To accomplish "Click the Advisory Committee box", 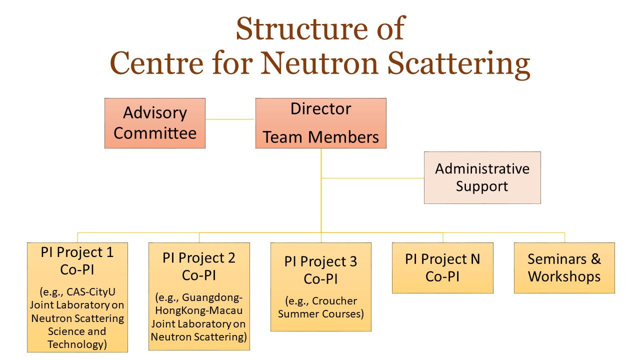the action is click(155, 123).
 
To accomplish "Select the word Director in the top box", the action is click(321, 109).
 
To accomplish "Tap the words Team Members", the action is click(321, 137).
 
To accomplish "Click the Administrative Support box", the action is click(482, 177).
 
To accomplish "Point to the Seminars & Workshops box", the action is click(564, 268).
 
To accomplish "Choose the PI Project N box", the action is click(442, 268).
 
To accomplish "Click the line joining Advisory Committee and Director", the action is click(229, 119).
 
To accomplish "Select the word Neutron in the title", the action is click(319, 63).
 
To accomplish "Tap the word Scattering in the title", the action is click(459, 64).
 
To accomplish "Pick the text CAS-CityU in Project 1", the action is click(91, 292).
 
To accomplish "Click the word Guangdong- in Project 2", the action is click(212, 297).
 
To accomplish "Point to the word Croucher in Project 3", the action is click(334, 301).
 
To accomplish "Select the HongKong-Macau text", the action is click(199, 310).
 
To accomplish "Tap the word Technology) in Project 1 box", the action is click(77, 344).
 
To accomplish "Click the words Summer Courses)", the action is click(321, 314).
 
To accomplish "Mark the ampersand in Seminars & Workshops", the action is click(596, 259).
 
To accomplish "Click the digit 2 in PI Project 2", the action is click(231, 258).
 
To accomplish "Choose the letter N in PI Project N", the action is click(475, 259).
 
